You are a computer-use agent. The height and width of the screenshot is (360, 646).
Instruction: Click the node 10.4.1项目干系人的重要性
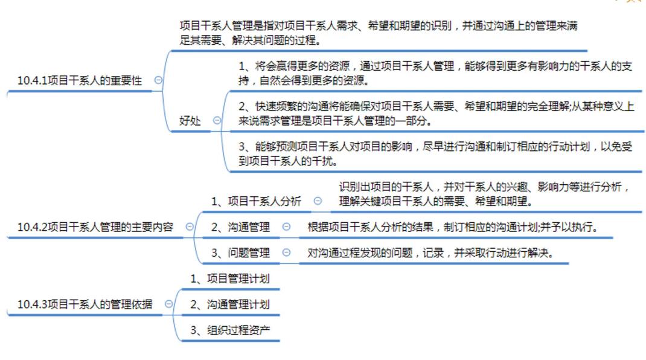79,80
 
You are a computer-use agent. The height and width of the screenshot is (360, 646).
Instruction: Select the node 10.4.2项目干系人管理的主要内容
95,227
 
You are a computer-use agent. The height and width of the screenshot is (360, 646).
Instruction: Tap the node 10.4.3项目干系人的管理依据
85,304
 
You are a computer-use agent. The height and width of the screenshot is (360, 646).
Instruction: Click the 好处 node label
190,121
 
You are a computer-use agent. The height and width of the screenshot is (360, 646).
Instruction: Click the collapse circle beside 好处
217,121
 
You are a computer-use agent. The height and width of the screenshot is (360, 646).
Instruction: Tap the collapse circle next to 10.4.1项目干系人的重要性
158,80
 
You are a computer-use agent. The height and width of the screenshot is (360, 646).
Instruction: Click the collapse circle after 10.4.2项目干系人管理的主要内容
190,227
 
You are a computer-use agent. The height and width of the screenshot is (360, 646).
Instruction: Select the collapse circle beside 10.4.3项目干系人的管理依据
168,304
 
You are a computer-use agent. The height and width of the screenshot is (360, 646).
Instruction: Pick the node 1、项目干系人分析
256,201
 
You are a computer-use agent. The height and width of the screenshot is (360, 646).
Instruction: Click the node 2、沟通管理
240,227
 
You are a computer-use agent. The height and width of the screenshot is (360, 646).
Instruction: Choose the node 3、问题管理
240,253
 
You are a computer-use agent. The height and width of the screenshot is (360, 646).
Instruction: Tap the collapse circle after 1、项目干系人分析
318,201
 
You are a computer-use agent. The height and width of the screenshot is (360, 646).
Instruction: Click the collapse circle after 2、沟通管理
286,227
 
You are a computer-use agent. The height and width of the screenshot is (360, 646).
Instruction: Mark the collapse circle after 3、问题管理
286,253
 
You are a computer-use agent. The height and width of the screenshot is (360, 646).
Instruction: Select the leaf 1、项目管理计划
230,279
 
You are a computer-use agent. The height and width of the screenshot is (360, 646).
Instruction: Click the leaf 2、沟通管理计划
230,305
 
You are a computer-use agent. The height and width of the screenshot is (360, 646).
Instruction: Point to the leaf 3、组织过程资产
230,330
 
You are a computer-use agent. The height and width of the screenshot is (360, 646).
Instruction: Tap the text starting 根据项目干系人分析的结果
452,227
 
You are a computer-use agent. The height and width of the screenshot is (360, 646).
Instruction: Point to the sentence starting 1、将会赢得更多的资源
435,72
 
